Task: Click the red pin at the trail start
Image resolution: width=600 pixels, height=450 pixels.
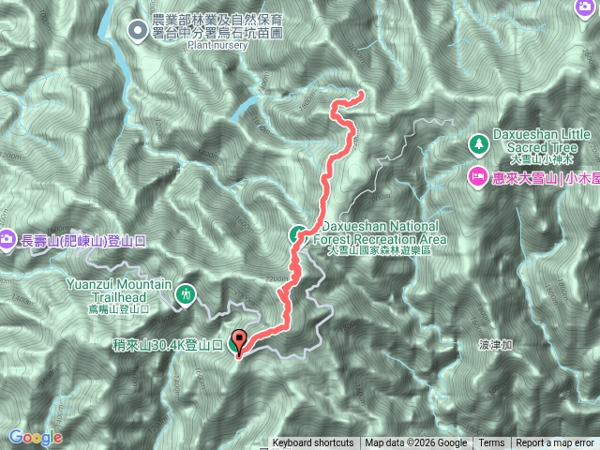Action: pyautogui.click(x=237, y=341)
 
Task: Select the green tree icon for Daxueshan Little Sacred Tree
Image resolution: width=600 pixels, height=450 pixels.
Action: pyautogui.click(x=477, y=143)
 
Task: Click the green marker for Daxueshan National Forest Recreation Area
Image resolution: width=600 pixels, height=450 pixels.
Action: pyautogui.click(x=296, y=234)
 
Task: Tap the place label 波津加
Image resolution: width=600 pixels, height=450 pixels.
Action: pyautogui.click(x=496, y=345)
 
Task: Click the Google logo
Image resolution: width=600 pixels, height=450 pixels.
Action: pyautogui.click(x=35, y=438)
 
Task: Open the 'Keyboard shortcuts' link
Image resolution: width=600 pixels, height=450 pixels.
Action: pyautogui.click(x=313, y=443)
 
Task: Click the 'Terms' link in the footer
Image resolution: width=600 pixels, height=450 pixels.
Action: pyautogui.click(x=491, y=443)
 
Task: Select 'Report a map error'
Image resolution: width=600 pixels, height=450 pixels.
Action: pyautogui.click(x=556, y=443)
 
